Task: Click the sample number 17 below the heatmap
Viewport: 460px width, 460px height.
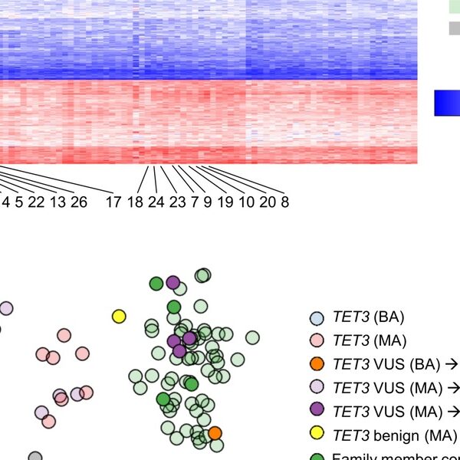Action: coord(113,202)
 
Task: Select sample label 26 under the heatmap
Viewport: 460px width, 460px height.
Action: coord(78,202)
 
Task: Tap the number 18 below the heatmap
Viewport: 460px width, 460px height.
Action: coord(135,202)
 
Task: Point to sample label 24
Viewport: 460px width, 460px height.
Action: coord(156,202)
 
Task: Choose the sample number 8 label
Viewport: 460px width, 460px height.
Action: coord(284,202)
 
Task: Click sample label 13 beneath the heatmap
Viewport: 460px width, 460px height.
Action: coord(57,202)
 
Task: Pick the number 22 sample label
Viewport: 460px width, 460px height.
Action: coord(35,202)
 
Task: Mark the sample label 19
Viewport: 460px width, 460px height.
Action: coord(225,202)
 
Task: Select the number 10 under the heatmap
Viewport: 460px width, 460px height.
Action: coord(246,202)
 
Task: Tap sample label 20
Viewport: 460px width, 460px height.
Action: coord(268,202)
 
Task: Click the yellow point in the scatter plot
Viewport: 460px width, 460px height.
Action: coord(119,316)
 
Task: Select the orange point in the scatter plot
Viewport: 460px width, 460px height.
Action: coord(215,433)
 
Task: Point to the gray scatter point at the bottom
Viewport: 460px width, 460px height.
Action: coord(34,457)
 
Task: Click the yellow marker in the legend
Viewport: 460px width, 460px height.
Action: coord(317,435)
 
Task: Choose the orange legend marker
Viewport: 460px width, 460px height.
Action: coord(317,364)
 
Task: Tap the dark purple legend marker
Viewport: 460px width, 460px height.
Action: coord(317,412)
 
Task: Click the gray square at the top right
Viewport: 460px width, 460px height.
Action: coord(455,28)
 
